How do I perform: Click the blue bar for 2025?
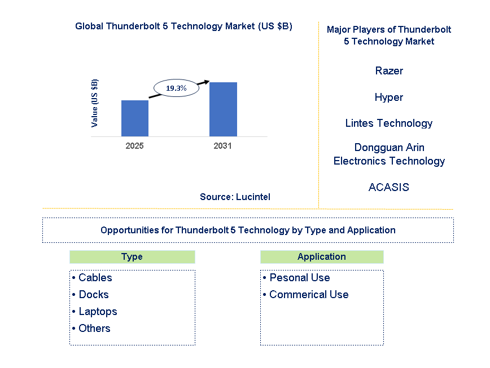click(x=135, y=118)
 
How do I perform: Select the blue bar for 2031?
click(x=223, y=109)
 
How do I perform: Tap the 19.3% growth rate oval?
click(x=176, y=88)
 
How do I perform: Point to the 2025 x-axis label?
click(x=135, y=146)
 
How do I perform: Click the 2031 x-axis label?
click(x=223, y=146)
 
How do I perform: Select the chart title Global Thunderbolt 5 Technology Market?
click(x=183, y=26)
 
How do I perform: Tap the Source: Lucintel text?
click(x=235, y=197)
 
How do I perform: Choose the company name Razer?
click(x=389, y=71)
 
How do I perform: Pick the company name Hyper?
click(x=389, y=97)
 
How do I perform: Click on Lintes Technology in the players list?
click(x=389, y=123)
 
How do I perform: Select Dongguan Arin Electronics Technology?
click(x=389, y=154)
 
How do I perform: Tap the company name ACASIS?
click(x=389, y=187)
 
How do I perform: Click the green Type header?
click(x=132, y=257)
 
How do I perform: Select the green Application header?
click(x=322, y=257)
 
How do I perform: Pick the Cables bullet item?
click(x=95, y=278)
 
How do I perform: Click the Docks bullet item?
click(x=93, y=295)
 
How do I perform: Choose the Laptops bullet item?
click(x=98, y=312)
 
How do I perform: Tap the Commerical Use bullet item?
click(x=308, y=295)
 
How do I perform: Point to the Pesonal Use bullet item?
click(x=299, y=278)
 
